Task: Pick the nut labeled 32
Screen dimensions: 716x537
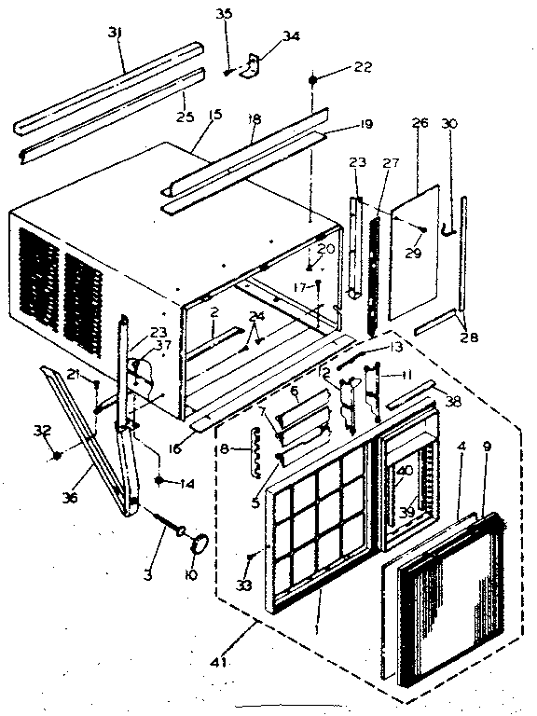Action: coord(58,455)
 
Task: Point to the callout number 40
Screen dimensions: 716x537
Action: coord(405,471)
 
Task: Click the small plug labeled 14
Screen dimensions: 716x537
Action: coord(161,481)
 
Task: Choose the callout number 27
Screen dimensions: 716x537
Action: coord(389,163)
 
